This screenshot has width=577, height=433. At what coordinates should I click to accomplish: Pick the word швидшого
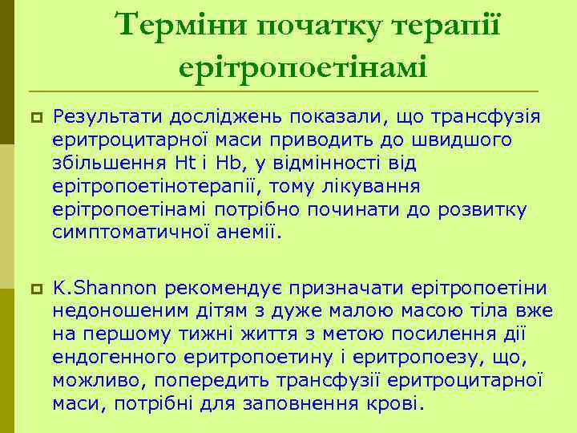click(466, 140)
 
